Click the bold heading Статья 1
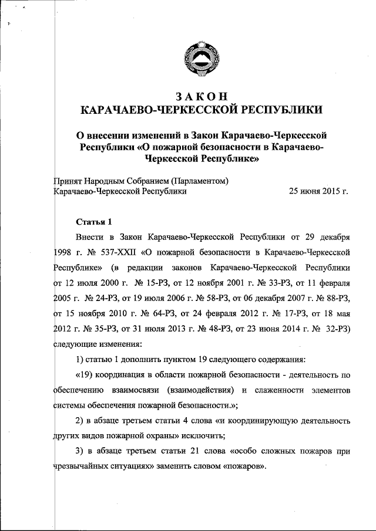coord(93,222)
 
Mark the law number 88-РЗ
coord(335,299)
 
